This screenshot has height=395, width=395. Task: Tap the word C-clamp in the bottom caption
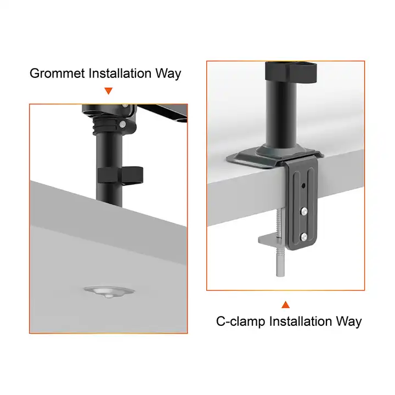(x=239, y=321)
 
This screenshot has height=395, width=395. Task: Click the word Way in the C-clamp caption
(x=348, y=321)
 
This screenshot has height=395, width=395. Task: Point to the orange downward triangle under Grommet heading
(x=109, y=91)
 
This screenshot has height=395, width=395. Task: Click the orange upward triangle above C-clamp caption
(x=285, y=304)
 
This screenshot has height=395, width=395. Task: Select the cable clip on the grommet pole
(x=120, y=175)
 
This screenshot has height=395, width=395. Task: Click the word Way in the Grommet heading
(x=168, y=74)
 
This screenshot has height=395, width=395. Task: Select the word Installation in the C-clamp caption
(x=300, y=321)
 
